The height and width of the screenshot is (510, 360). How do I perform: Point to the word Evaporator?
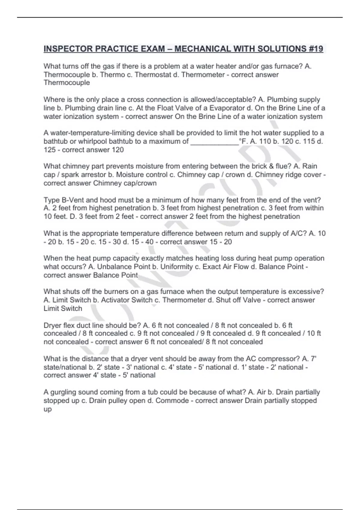(x=227, y=108)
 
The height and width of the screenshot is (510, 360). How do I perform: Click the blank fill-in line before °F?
(x=214, y=141)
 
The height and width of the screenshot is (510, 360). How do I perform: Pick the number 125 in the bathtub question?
(x=49, y=150)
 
